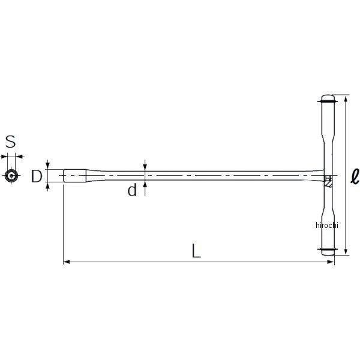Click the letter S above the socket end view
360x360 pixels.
point(10,142)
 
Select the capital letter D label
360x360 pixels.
point(37,176)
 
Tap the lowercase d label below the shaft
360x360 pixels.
point(132,191)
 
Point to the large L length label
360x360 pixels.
point(196,251)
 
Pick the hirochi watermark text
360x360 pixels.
point(327,225)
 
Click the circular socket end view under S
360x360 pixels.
point(10,176)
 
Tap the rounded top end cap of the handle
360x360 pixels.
point(327,98)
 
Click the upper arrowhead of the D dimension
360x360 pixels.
point(48,166)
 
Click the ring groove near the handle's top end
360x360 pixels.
point(327,104)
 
